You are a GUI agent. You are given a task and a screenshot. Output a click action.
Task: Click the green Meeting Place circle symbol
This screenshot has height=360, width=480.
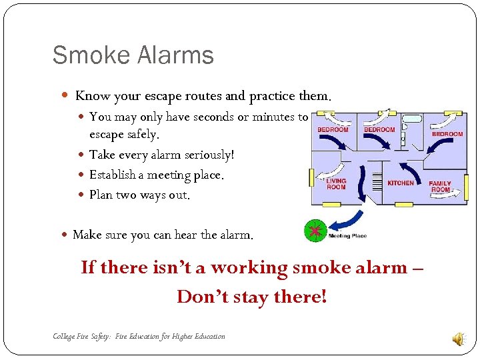click(314, 231)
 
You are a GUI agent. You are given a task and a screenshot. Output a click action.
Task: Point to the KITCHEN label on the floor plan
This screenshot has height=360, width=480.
click(401, 183)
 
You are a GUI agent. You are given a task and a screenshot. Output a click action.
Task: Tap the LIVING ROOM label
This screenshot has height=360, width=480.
click(336, 183)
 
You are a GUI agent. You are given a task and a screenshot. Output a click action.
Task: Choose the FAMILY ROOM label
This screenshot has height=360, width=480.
click(440, 186)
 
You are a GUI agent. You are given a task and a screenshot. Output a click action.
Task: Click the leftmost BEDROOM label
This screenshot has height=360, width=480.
click(332, 129)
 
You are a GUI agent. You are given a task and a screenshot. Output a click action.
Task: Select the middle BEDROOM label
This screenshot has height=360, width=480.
click(379, 129)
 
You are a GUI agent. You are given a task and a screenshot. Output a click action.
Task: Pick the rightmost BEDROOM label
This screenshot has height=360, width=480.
click(447, 134)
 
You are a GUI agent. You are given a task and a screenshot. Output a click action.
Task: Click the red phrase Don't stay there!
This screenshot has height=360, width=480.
click(252, 296)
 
